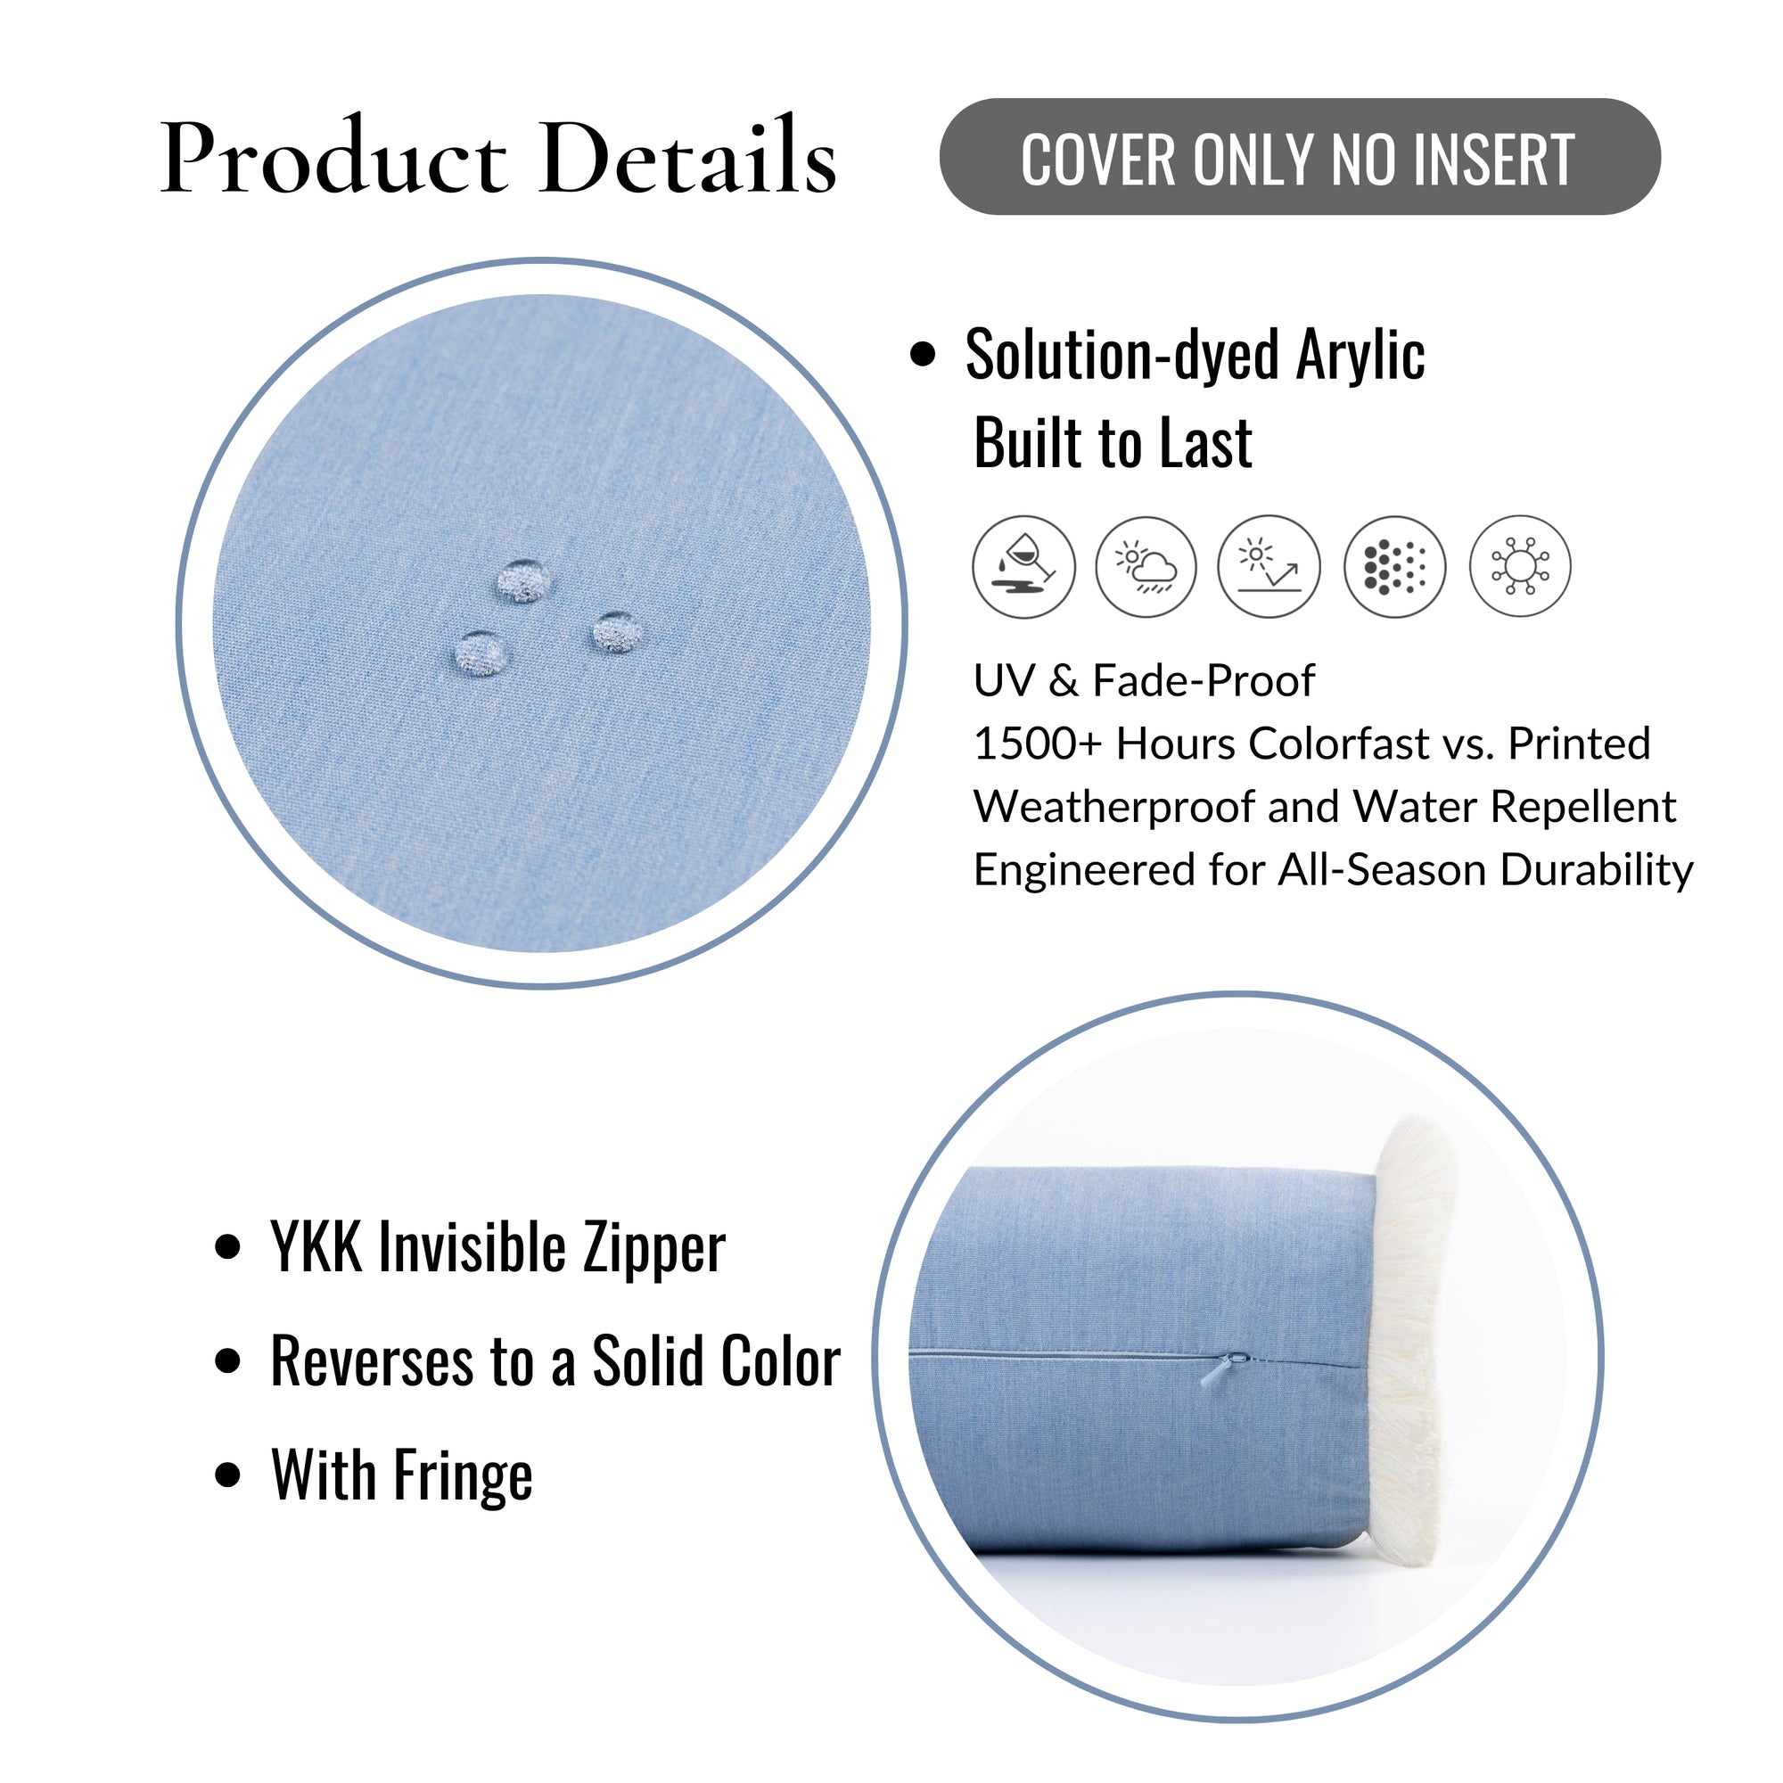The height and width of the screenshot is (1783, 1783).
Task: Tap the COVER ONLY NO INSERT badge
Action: coord(1300,158)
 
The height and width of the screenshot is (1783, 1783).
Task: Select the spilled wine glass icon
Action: coord(1023,567)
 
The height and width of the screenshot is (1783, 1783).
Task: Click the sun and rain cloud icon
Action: coord(1146,567)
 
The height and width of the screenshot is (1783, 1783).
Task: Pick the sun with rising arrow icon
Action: coord(1269,567)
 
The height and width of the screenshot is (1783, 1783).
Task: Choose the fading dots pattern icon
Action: coord(1394,567)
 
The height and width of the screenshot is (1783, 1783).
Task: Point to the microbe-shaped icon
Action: coord(1520,567)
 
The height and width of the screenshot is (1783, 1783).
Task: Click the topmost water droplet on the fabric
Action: coord(524,580)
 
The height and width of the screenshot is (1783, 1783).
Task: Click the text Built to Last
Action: coord(1113,444)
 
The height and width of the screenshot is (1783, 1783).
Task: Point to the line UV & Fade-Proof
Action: coord(1145,681)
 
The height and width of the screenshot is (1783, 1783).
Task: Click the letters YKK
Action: coord(316,1249)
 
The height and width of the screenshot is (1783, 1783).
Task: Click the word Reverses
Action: coord(371,1362)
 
